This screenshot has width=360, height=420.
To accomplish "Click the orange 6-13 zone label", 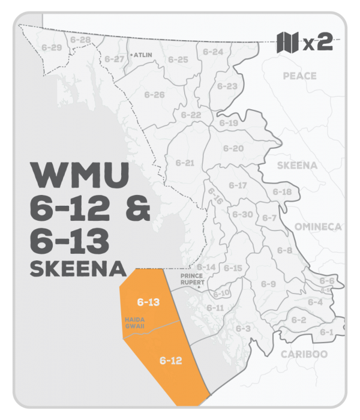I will tap(148, 302).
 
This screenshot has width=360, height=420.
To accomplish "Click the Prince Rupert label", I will tap(194, 280).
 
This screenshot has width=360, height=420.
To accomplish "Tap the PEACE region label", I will tap(299, 76).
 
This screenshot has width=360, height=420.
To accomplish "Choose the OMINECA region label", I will tap(318, 226).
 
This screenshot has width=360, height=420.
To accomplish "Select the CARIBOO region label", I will tap(305, 354).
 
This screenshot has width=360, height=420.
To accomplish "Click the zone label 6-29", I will tap(52, 47).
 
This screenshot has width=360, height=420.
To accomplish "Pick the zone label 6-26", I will tap(154, 95).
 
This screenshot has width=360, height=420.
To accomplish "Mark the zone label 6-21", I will tap(185, 163).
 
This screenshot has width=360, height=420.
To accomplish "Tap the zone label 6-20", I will tap(233, 148).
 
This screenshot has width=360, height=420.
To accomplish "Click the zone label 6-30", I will tap(242, 214).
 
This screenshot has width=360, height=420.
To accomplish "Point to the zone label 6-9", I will tap(268, 284).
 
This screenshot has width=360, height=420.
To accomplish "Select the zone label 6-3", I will tap(242, 329).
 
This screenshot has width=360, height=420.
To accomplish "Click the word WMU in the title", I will tap(80, 176).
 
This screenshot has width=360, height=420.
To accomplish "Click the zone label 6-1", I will tap(326, 332).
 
